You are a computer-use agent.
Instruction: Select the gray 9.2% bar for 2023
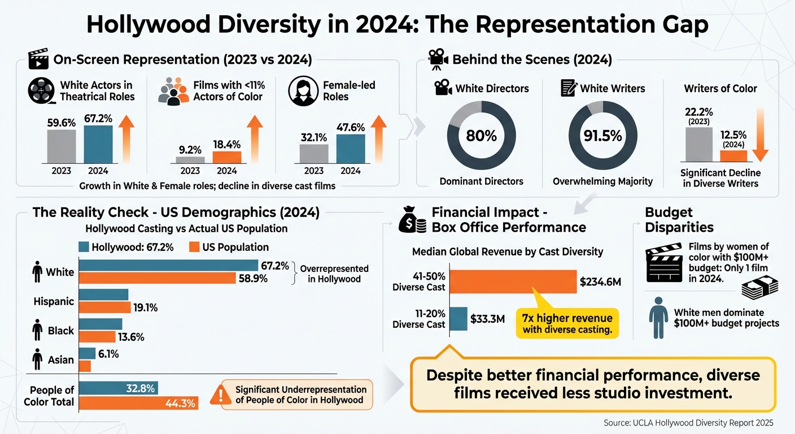click(x=190, y=160)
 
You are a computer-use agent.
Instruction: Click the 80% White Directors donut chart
click(x=482, y=136)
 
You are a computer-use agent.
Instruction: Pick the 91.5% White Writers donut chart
click(x=602, y=136)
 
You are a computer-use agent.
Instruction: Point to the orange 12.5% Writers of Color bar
click(x=733, y=157)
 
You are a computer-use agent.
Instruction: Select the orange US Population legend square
click(x=194, y=247)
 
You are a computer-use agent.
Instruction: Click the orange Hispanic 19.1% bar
click(x=104, y=308)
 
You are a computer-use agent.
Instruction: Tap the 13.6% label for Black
click(x=131, y=337)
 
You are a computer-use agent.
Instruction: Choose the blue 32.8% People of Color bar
click(x=118, y=388)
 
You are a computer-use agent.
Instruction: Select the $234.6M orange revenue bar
click(x=513, y=281)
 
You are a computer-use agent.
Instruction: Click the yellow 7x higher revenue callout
click(x=567, y=323)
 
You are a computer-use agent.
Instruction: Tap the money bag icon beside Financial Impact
click(x=412, y=220)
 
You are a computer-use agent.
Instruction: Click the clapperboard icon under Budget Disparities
click(x=664, y=263)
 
